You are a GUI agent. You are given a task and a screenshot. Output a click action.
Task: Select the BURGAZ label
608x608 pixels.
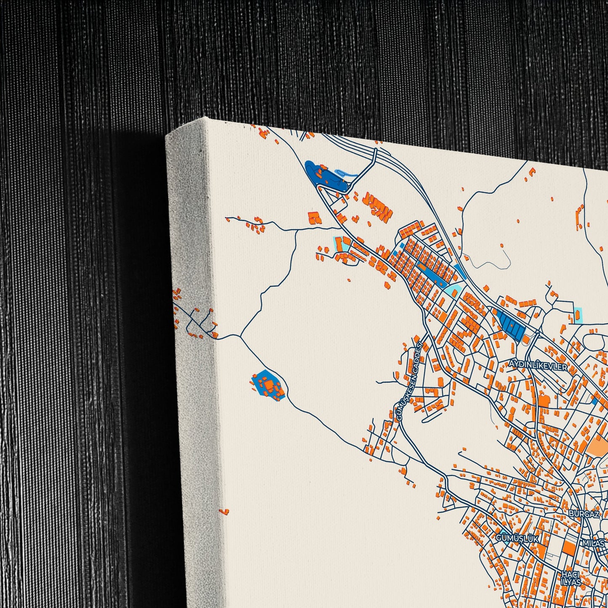[583, 514]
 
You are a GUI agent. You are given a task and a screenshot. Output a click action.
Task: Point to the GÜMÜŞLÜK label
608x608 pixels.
[517, 538]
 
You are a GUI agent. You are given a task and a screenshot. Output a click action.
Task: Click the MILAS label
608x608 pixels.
[594, 543]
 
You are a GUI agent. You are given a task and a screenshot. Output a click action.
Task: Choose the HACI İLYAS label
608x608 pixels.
[571, 578]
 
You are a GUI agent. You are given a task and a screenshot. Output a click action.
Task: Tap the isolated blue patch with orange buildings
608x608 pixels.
[268, 385]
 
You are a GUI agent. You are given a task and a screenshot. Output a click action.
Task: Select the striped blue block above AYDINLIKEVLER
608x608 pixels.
[510, 324]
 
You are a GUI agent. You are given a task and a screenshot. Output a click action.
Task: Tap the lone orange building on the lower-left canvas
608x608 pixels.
[225, 512]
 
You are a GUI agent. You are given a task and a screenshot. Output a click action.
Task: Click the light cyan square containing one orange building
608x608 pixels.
[579, 315]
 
